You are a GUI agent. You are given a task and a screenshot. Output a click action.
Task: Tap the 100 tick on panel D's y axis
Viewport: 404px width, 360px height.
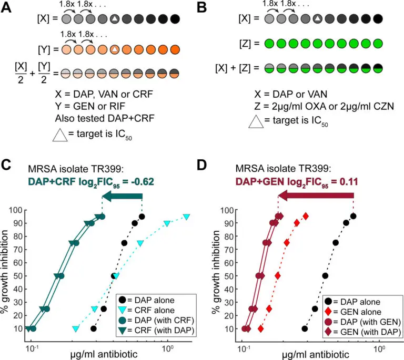tap(228, 210)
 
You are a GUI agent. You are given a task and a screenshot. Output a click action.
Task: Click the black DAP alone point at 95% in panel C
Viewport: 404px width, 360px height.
tap(142, 217)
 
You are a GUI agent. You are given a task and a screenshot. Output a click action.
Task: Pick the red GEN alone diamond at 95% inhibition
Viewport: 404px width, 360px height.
tap(305, 217)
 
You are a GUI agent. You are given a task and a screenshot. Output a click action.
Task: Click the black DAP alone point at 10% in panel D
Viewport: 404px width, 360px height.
tap(305, 328)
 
